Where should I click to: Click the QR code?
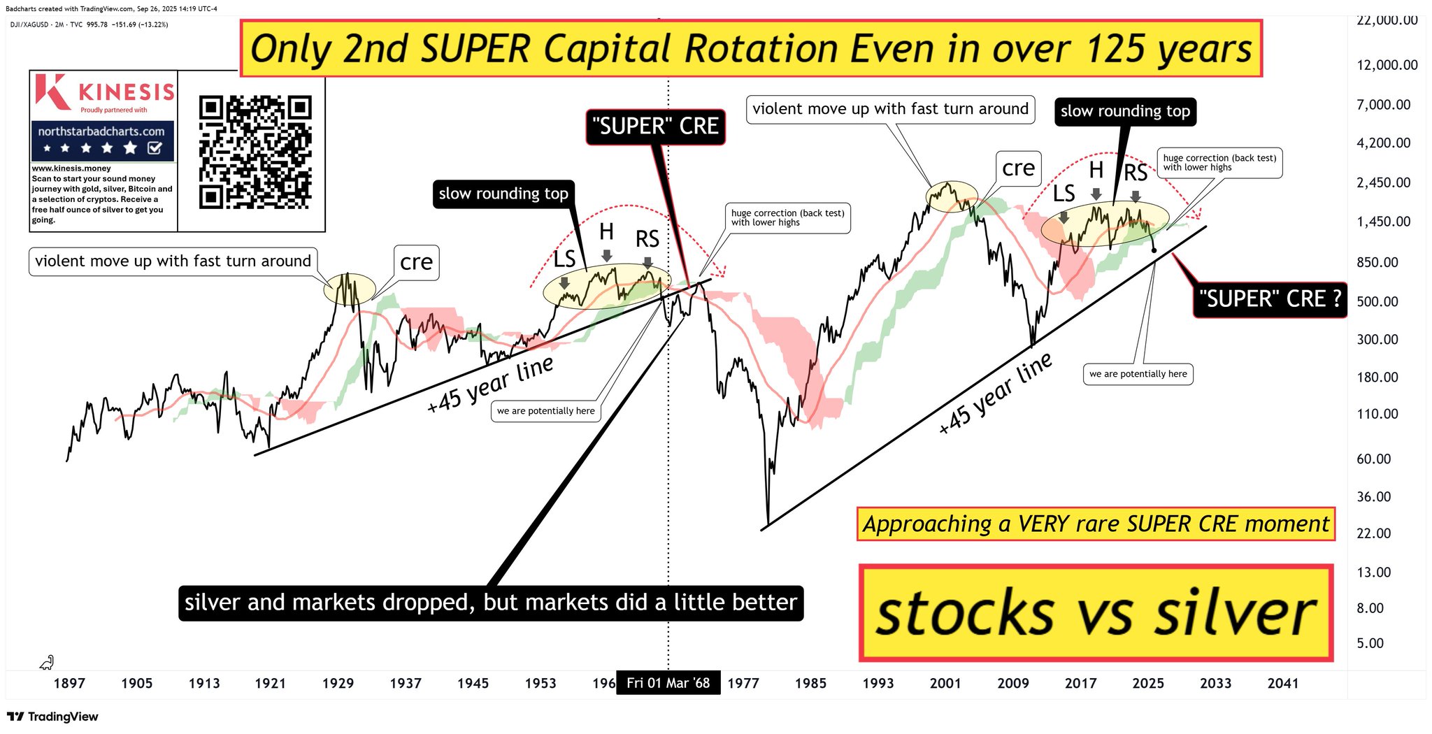click(x=255, y=152)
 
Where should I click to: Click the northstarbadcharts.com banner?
click(x=102, y=140)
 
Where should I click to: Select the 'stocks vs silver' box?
click(x=1096, y=613)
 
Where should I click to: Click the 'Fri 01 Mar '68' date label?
click(x=668, y=683)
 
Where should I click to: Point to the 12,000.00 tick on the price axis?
click(x=1387, y=65)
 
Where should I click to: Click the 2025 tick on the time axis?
click(x=1148, y=683)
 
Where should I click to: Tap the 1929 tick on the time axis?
click(x=338, y=683)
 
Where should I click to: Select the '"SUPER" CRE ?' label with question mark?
click(x=1270, y=298)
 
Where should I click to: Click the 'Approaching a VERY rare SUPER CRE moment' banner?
click(x=1096, y=524)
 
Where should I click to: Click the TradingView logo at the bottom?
click(x=52, y=717)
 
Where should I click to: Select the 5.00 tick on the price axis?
click(x=1370, y=643)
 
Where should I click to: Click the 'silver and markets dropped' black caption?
click(x=491, y=603)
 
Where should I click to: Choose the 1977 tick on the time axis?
click(x=743, y=683)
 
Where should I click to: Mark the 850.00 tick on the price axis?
click(x=1377, y=263)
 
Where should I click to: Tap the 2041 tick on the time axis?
click(x=1283, y=683)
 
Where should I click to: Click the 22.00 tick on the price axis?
click(x=1374, y=533)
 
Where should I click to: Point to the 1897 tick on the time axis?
click(x=69, y=683)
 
